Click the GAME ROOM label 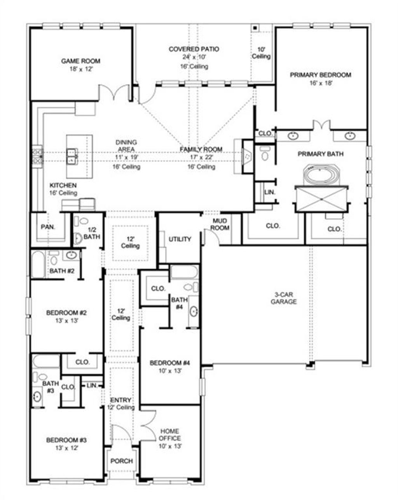(x=80, y=61)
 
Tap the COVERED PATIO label (x=194, y=49)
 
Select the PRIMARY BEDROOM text (x=321, y=75)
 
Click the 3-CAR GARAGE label (x=284, y=298)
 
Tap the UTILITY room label (x=180, y=239)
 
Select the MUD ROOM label (x=220, y=224)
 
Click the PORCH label (x=122, y=461)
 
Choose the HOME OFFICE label (x=170, y=435)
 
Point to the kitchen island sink (x=72, y=156)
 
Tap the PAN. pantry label (x=48, y=227)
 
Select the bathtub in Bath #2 (x=38, y=265)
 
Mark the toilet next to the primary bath (x=265, y=154)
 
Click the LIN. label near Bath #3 (x=92, y=385)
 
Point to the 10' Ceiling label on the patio (x=261, y=53)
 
